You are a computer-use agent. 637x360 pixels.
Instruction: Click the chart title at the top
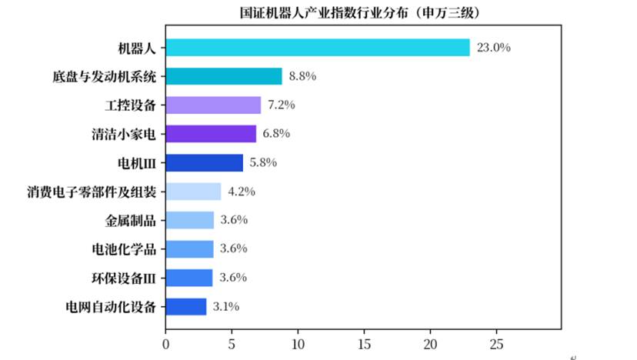pyautogui.click(x=360, y=12)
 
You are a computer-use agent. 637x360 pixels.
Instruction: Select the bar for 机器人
pyautogui.click(x=318, y=48)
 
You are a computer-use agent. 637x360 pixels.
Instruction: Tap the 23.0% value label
pyautogui.click(x=494, y=48)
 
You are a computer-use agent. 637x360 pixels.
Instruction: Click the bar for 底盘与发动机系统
pyautogui.click(x=224, y=76)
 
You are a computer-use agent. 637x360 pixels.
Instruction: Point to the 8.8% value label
pyautogui.click(x=302, y=76)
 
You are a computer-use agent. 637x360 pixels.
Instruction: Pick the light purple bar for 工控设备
pyautogui.click(x=213, y=105)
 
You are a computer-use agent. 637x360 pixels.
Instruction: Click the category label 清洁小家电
pyautogui.click(x=124, y=134)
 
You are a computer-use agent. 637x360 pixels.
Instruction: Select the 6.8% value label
pyautogui.click(x=276, y=133)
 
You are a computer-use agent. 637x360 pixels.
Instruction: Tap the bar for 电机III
pyautogui.click(x=205, y=163)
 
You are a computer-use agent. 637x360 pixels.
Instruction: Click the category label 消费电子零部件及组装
pyautogui.click(x=92, y=192)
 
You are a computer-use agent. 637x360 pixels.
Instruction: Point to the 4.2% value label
pyautogui.click(x=242, y=192)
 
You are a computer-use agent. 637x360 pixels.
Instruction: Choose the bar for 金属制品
pyautogui.click(x=190, y=220)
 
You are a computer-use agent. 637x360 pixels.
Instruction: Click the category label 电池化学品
pyautogui.click(x=124, y=249)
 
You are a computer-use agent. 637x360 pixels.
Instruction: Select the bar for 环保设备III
pyautogui.click(x=189, y=278)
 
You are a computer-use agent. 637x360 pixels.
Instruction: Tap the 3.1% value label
pyautogui.click(x=226, y=306)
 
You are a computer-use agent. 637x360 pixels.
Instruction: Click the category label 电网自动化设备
pyautogui.click(x=111, y=307)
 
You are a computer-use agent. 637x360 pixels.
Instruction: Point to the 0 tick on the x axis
pyautogui.click(x=165, y=345)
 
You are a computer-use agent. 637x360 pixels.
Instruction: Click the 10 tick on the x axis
pyautogui.click(x=298, y=345)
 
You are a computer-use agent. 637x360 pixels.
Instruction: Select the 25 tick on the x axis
pyautogui.click(x=496, y=345)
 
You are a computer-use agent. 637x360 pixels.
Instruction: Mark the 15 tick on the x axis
pyautogui.click(x=365, y=345)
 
